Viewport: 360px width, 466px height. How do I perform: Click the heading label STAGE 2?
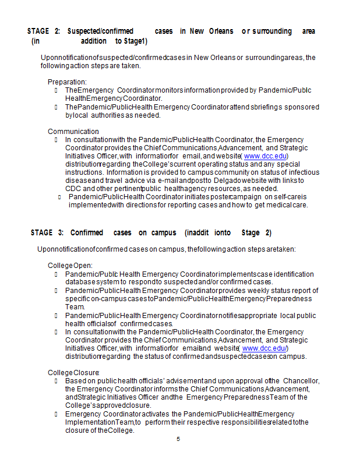pyautogui.click(x=44, y=31)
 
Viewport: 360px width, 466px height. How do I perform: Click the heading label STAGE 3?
pyautogui.click(x=47, y=233)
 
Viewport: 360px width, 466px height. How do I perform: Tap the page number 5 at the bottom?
pyautogui.click(x=178, y=439)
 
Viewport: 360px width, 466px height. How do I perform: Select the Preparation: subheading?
pyautogui.click(x=67, y=82)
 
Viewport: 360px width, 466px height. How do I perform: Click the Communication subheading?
pyautogui.click(x=73, y=132)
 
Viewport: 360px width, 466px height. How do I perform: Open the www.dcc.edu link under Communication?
pyautogui.click(x=265, y=156)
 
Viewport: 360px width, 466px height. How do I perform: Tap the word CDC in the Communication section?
pyautogui.click(x=73, y=189)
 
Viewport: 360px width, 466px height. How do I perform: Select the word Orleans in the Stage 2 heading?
pyautogui.click(x=221, y=31)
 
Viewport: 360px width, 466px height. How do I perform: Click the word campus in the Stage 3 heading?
pyautogui.click(x=164, y=233)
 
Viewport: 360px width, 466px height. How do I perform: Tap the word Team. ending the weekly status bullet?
pyautogui.click(x=75, y=307)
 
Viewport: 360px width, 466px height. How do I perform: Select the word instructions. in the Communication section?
pyautogui.click(x=84, y=172)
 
